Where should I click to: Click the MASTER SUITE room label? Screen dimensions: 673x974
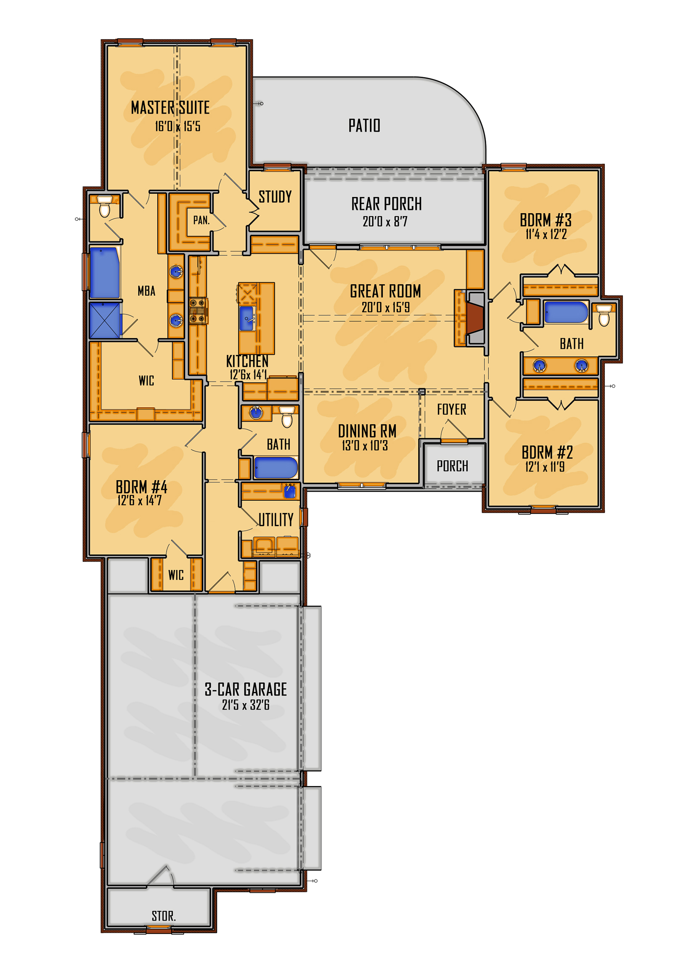point(170,108)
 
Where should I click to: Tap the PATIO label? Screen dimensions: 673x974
point(364,125)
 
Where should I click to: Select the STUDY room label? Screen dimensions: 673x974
point(275,196)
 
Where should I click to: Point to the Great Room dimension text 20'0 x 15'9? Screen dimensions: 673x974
point(385,307)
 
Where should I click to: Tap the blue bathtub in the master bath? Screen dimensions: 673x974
point(104,273)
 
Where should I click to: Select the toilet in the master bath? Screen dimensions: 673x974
point(104,206)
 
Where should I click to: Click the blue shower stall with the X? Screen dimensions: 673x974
point(105,320)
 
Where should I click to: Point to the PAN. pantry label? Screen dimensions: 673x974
point(201,220)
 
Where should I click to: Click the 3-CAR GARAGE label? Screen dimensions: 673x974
point(246,689)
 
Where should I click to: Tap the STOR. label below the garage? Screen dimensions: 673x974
point(164,916)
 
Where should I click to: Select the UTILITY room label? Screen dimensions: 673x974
point(276,519)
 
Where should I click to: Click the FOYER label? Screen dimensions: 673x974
point(452,409)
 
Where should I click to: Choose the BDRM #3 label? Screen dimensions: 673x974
point(546,220)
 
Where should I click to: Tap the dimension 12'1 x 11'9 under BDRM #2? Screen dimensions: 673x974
point(545,467)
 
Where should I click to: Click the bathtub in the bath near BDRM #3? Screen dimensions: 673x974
point(566,312)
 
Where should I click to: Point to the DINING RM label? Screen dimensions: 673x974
point(367,431)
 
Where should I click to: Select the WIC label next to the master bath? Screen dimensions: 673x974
point(146,381)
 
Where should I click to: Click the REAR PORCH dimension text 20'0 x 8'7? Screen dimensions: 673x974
point(385,221)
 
